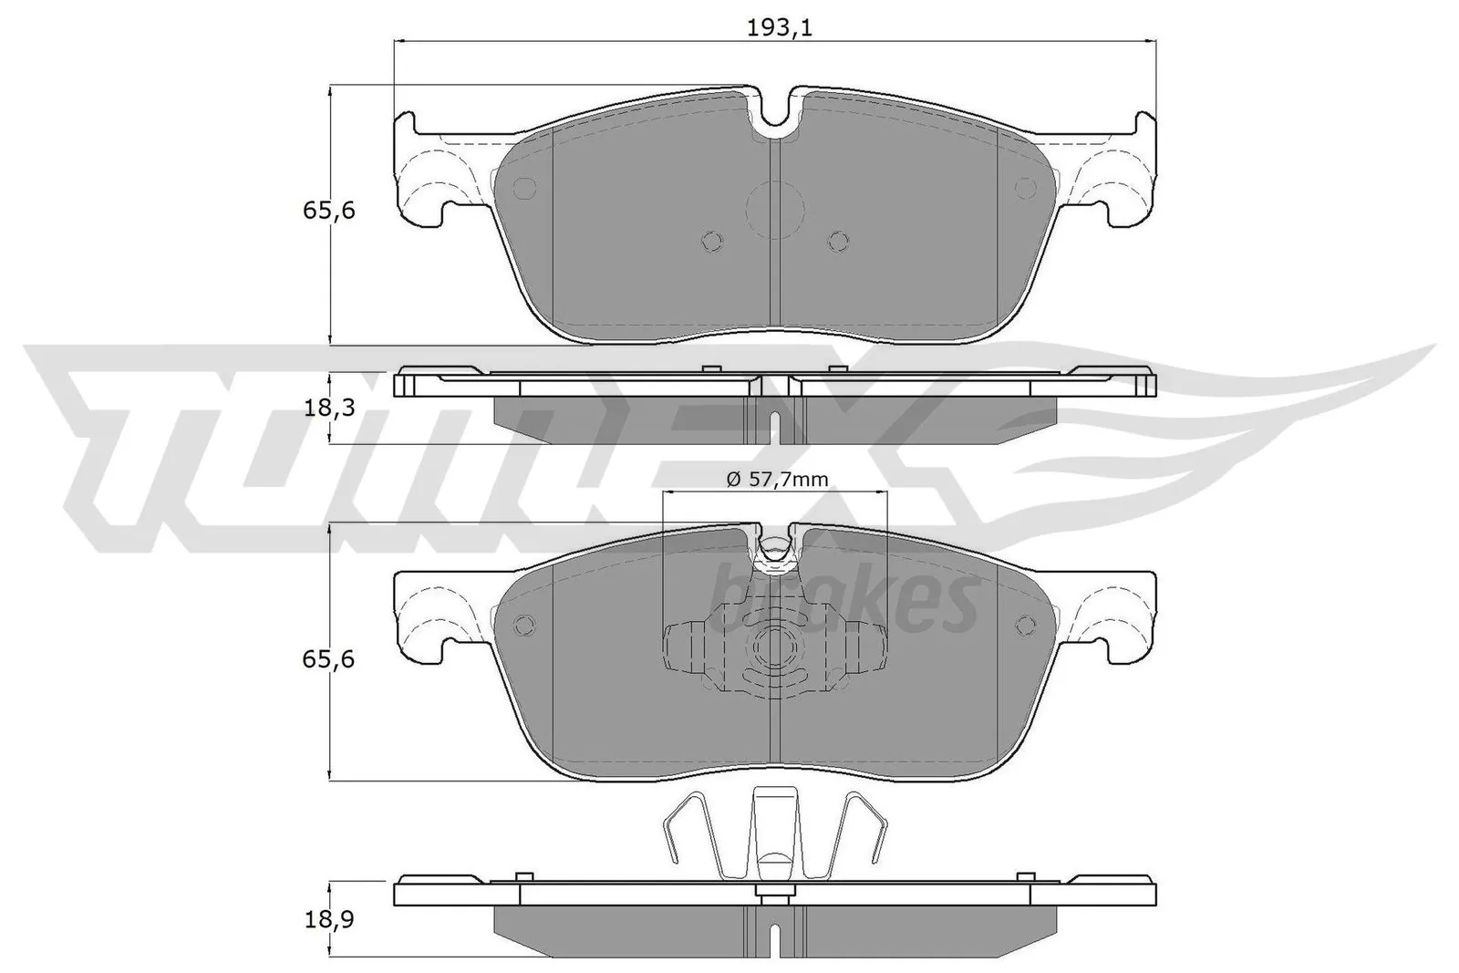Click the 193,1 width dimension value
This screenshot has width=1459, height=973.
pos(779,27)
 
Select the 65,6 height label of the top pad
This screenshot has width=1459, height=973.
pos(327,211)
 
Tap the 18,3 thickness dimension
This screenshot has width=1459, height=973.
pos(327,409)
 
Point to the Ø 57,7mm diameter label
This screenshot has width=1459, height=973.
pos(777,478)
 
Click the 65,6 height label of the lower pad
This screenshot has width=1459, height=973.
pos(327,657)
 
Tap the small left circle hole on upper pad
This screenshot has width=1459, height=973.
pos(525,188)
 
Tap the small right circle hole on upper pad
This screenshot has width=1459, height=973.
pos(1027,187)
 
